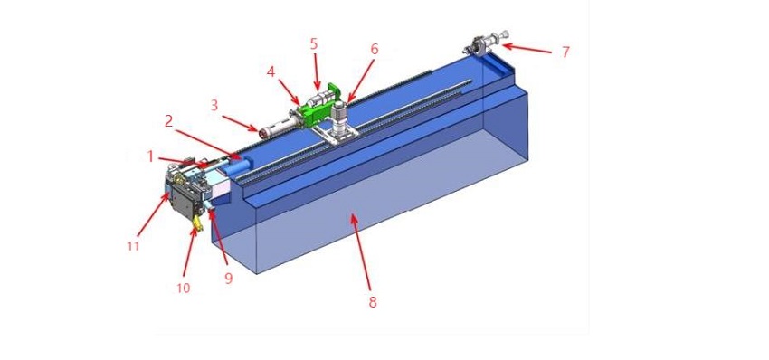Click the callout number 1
pos(151,156)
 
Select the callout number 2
pos(167,120)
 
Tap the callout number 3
pos(214,104)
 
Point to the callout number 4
pos(271,70)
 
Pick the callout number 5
pos(313,43)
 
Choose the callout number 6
pos(375,49)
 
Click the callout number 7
pos(565,52)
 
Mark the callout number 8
pos(372,302)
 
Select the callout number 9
pos(228,279)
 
